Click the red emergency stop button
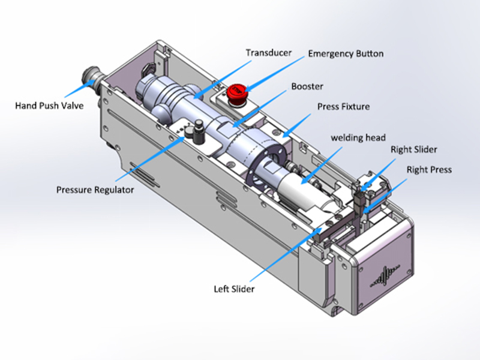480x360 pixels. [236, 92]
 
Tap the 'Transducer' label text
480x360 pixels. [268, 52]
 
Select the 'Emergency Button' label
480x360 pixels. [346, 53]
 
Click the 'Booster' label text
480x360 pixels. [307, 86]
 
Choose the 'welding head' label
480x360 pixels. [358, 137]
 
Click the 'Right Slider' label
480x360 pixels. [413, 149]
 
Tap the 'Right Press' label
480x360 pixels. [429, 170]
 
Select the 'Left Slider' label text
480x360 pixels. [235, 289]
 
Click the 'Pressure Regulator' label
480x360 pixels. [95, 190]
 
